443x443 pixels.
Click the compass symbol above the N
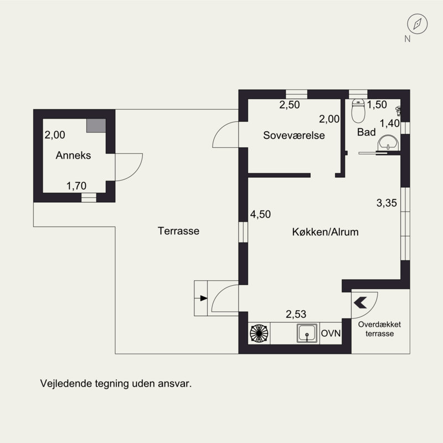coord(418,24)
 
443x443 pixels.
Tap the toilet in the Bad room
coord(358,111)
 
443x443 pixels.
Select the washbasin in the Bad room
coord(388,143)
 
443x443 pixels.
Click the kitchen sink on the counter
coord(307,333)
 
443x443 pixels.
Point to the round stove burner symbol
coord(259,333)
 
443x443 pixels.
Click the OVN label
coord(331,333)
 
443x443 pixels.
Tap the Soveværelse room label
coord(294,135)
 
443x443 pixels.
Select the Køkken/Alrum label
coord(326,232)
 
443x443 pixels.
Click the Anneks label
coord(73,156)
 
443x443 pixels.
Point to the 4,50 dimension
coord(260,214)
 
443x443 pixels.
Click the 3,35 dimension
coord(387,203)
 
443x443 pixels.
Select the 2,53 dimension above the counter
coord(296,314)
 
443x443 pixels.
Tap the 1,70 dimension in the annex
coord(76,186)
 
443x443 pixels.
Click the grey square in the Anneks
coord(96,126)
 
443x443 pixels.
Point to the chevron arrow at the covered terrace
coord(360,302)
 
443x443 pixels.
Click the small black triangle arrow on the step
coord(204,298)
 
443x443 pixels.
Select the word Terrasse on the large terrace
coord(178,231)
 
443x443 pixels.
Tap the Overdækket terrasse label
coord(379,329)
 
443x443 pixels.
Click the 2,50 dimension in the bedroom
coord(290,105)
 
